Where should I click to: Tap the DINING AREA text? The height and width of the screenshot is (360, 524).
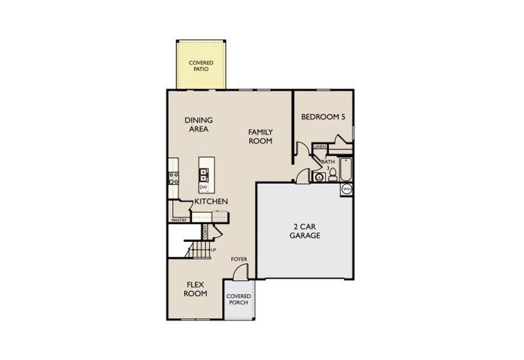click(198, 124)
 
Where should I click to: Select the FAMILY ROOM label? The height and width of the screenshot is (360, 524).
click(261, 136)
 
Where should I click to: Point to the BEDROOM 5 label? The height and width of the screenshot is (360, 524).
click(323, 117)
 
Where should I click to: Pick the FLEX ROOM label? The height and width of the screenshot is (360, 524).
click(196, 289)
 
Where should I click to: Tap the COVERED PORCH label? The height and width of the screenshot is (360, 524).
click(238, 299)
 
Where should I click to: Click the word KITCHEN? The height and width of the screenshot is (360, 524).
click(211, 202)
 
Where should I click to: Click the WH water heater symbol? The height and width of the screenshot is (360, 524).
click(346, 190)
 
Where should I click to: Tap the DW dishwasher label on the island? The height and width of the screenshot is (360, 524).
click(203, 187)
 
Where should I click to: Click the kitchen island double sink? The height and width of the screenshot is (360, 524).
click(203, 175)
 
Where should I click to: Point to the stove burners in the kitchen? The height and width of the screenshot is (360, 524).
click(173, 177)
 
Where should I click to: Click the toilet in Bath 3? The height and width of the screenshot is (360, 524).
click(332, 175)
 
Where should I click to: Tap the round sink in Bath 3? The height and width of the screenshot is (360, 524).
click(319, 176)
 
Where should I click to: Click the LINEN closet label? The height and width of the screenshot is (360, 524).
click(320, 146)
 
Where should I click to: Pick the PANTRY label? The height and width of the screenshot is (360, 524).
click(179, 220)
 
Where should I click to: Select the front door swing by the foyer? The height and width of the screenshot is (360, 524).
click(238, 271)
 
